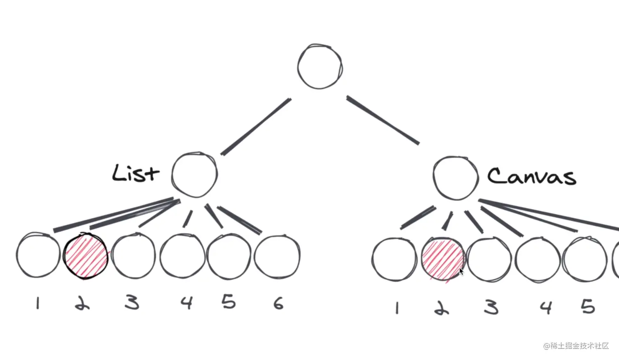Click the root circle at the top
pos(320,66)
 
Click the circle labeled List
pos(194,174)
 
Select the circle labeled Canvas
pos(455,178)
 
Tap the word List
pos(135,174)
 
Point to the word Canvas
pos(531,177)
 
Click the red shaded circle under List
pos(86,256)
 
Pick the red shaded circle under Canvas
pos(443,260)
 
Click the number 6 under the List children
pos(278,303)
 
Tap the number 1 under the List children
pos(38,303)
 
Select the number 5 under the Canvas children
pos(587,306)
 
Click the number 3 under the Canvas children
pos(491,307)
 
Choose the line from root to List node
pos(256,127)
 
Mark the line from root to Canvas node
pos(383,120)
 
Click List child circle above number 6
pos(277,257)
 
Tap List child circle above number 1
pos(38,255)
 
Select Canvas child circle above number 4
pos(537,260)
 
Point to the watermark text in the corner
pos(576,346)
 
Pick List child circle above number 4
pos(182,256)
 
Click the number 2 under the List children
pos(82,303)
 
